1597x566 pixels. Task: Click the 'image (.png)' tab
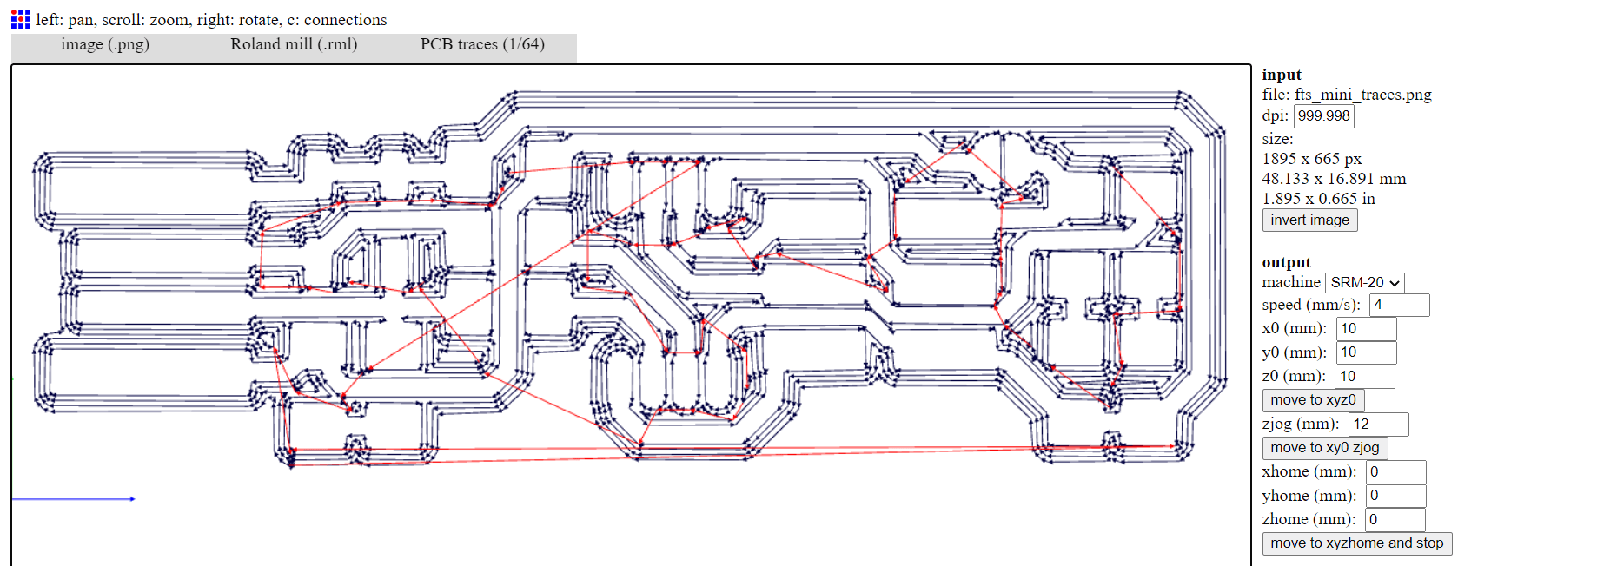click(105, 44)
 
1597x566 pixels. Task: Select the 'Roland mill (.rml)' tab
click(294, 44)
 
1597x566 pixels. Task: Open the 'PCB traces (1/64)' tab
click(482, 44)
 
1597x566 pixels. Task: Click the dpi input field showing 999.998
click(1324, 116)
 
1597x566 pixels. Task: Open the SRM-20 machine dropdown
click(1365, 283)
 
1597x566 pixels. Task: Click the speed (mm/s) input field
click(1399, 305)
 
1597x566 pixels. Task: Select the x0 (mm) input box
click(1366, 328)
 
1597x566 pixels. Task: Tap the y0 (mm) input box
click(1366, 352)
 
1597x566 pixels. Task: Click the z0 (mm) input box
click(1365, 376)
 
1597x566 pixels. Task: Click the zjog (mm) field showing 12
click(1378, 424)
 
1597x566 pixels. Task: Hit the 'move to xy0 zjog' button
click(1325, 448)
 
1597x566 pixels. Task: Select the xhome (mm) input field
click(1395, 471)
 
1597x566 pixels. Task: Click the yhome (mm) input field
click(1395, 496)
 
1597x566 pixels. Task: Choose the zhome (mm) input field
click(1395, 519)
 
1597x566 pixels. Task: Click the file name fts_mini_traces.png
click(1362, 95)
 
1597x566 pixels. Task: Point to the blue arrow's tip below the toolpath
click(133, 499)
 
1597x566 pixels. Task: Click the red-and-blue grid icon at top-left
click(21, 19)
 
